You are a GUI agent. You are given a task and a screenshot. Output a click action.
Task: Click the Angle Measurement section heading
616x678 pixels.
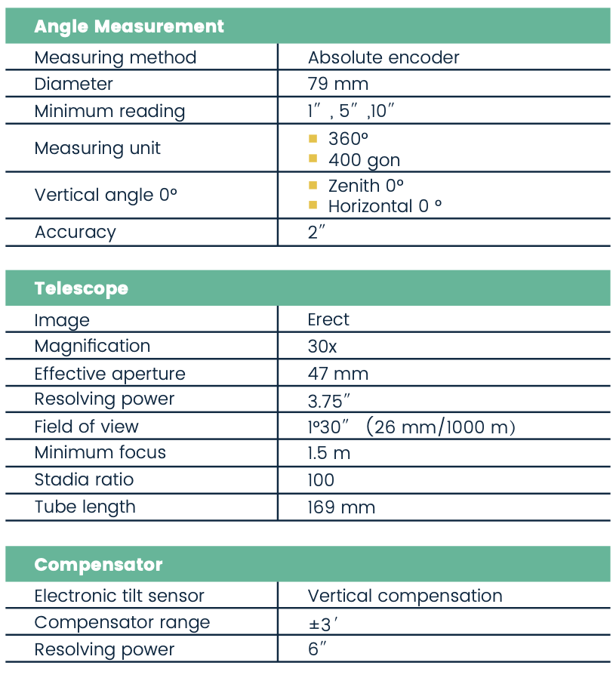click(x=129, y=26)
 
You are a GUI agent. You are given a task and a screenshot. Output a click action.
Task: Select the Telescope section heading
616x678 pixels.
click(x=81, y=288)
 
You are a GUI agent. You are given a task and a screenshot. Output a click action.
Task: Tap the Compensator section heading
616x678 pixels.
click(x=98, y=565)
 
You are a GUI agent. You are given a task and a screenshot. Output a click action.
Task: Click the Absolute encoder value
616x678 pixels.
click(x=383, y=57)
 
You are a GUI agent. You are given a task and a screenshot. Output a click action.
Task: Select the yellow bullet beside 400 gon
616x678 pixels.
click(x=313, y=159)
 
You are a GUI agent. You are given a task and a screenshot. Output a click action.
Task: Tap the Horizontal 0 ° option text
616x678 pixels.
click(x=385, y=206)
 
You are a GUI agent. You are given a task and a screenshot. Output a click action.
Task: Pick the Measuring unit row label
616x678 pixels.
click(x=97, y=148)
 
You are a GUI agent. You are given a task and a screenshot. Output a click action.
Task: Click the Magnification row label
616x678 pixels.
click(x=92, y=346)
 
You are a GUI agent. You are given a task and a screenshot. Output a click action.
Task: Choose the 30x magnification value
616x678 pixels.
click(x=323, y=346)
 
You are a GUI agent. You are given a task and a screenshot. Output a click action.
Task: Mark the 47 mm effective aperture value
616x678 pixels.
click(x=337, y=374)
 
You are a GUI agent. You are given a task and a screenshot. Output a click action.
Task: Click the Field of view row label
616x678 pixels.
click(x=86, y=427)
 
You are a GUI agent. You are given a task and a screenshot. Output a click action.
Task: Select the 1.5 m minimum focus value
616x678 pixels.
click(x=328, y=453)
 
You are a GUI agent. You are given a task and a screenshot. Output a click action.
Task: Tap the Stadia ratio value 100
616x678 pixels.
click(x=321, y=480)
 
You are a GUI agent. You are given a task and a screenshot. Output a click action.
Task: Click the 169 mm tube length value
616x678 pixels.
click(x=341, y=507)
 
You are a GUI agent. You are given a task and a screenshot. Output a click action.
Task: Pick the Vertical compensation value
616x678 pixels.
click(x=405, y=596)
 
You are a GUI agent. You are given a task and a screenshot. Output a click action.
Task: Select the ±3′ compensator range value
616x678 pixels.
click(x=321, y=623)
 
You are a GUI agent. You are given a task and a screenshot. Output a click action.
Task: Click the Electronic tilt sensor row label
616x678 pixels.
click(x=119, y=596)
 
